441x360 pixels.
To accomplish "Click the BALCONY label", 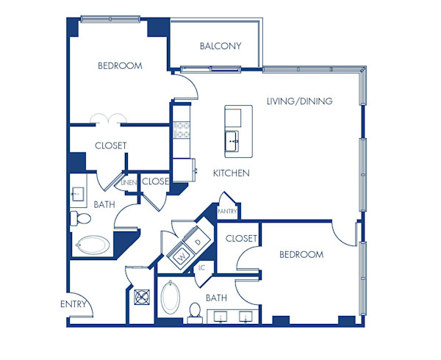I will (x=220, y=46).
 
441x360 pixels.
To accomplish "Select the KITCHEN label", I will (x=232, y=173).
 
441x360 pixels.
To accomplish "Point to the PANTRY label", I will (x=227, y=212).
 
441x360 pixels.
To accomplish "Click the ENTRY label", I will (x=73, y=304).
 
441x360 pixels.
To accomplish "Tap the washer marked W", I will (x=180, y=257).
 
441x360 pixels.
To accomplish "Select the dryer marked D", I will (x=198, y=242).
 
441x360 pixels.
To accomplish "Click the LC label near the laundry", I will (x=202, y=267).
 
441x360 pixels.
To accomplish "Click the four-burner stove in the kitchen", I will (x=181, y=130).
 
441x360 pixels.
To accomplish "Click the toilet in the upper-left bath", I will (x=79, y=218).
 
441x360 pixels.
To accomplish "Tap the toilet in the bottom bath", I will (x=195, y=312).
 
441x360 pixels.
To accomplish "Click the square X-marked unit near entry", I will (x=142, y=297).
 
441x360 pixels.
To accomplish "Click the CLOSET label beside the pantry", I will (x=241, y=239).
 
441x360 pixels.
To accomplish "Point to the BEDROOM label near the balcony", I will (x=120, y=66).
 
